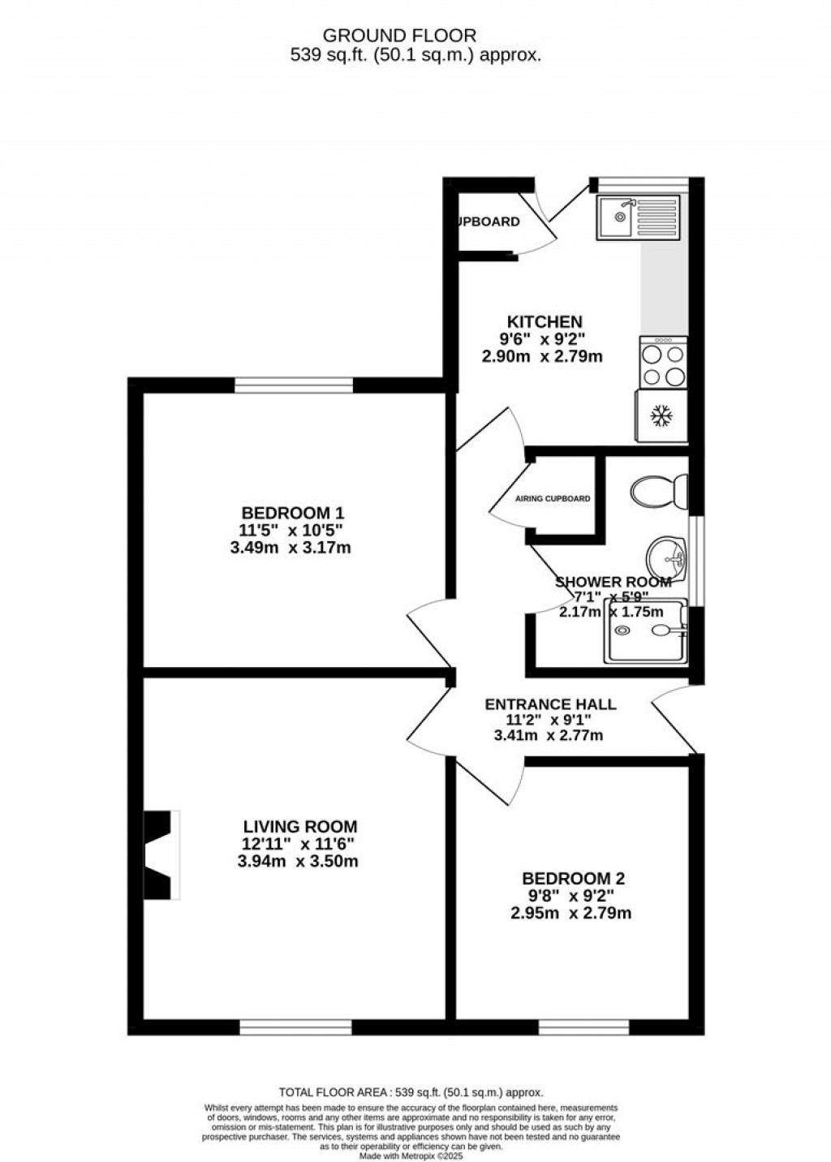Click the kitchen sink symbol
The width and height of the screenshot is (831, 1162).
pyautogui.click(x=637, y=217)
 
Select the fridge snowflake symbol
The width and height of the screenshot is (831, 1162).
pyautogui.click(x=662, y=417)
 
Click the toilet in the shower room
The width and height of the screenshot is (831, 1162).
pyautogui.click(x=657, y=491)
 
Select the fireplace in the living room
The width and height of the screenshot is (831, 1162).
pyautogui.click(x=161, y=854)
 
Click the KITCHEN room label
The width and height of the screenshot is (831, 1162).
pyautogui.click(x=545, y=321)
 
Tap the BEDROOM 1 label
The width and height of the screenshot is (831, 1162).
pyautogui.click(x=293, y=513)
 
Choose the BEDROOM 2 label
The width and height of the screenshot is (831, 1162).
pyautogui.click(x=573, y=878)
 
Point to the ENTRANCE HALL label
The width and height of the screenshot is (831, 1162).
pyautogui.click(x=549, y=704)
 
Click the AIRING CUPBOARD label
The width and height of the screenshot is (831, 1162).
pyautogui.click(x=553, y=499)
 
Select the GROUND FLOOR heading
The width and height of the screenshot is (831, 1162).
pyautogui.click(x=399, y=35)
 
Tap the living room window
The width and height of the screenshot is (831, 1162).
pyautogui.click(x=295, y=1027)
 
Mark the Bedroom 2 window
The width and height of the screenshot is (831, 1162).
pyautogui.click(x=583, y=1027)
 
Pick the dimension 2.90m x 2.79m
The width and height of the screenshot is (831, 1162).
pyautogui.click(x=541, y=355)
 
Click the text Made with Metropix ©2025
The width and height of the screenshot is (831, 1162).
pyautogui.click(x=411, y=1156)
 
